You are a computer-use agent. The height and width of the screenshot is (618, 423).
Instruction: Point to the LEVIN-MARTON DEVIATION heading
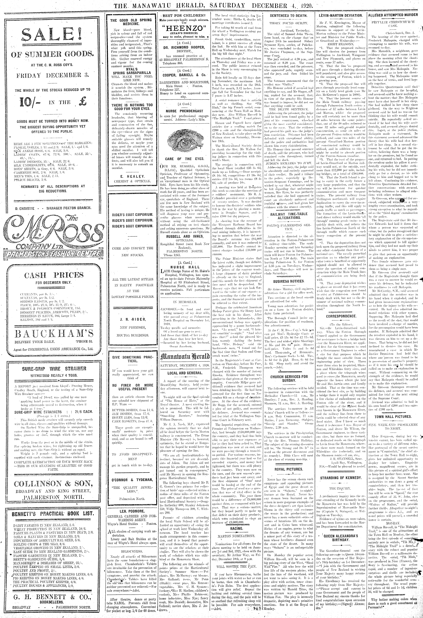340,16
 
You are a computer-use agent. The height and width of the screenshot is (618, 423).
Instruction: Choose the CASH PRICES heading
54,275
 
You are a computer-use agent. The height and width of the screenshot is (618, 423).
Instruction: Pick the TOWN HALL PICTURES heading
393,417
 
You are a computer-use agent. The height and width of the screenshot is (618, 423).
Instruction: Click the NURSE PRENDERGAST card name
185,111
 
